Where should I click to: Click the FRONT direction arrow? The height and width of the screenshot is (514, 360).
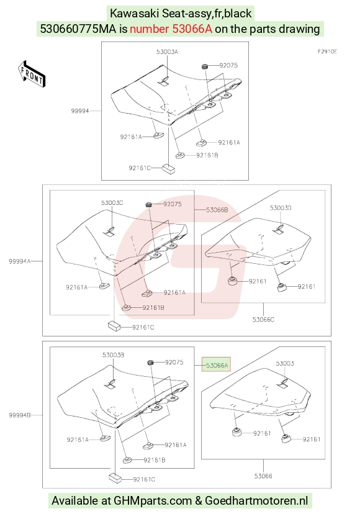pos(31,74)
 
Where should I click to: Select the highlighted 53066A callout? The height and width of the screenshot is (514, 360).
pos(216,365)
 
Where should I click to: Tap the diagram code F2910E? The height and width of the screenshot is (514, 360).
pos(327,52)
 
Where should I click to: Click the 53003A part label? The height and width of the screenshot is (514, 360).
pos(167,52)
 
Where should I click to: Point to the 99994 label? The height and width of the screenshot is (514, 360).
pos(80,110)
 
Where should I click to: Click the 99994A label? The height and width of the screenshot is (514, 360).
pos(20,261)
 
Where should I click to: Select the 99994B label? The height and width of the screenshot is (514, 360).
pos(20,415)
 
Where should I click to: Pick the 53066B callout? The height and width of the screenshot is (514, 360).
pos(217,210)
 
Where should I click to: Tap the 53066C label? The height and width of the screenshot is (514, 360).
pos(263,319)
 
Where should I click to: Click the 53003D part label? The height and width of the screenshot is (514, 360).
pos(281,208)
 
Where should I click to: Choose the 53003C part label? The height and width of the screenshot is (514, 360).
pos(112,203)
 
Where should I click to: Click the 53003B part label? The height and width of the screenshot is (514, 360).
pos(113,355)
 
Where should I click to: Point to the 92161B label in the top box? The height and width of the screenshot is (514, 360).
pos(207,155)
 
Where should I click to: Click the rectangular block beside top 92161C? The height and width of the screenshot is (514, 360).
pos(169,168)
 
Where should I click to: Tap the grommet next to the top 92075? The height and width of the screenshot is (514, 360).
pos(205,66)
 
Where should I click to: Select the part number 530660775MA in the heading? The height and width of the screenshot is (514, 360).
pos(78,29)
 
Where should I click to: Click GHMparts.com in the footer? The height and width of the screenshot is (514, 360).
pos(153,500)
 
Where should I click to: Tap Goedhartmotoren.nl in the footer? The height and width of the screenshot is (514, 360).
pos(256,500)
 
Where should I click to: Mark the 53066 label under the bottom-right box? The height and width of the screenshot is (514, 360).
pos(263,476)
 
